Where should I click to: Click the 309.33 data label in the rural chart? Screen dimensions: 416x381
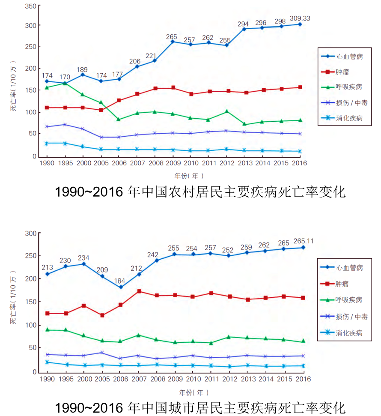pyautogui.click(x=301, y=18)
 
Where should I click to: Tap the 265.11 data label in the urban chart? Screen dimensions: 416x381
pyautogui.click(x=304, y=241)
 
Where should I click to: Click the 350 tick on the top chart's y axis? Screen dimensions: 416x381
pyautogui.click(x=30, y=7)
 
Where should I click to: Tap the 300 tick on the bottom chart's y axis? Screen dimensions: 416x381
pyautogui.click(x=30, y=233)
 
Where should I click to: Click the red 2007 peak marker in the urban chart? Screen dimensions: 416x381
pyautogui.click(x=139, y=291)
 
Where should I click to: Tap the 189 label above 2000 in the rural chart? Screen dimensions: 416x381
pyautogui.click(x=83, y=70)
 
